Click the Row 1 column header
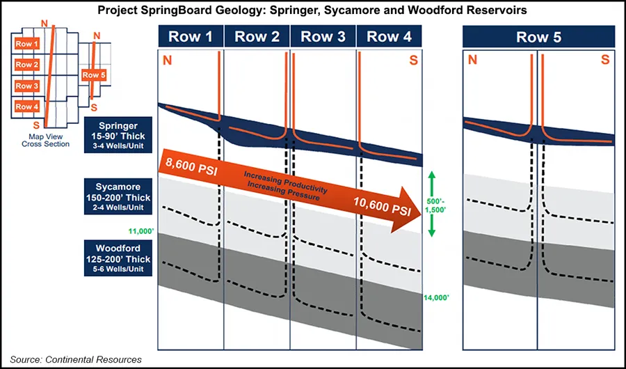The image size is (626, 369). [x=191, y=38]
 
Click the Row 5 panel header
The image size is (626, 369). [x=538, y=38]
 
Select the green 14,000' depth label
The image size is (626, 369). [x=437, y=297]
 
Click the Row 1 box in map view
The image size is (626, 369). [x=28, y=44]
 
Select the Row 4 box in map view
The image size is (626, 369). [x=28, y=107]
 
